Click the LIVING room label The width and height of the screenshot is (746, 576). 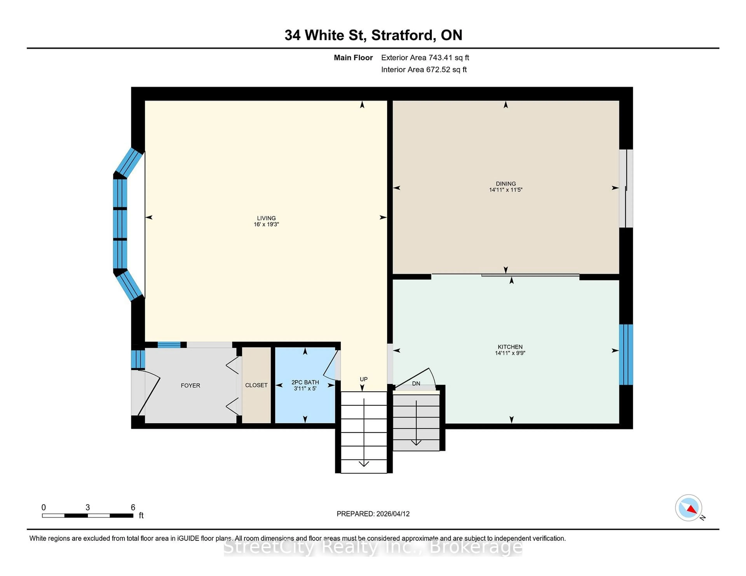coord(266,218)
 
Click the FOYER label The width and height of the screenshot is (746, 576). coord(190,386)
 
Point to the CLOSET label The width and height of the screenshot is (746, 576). coord(256,385)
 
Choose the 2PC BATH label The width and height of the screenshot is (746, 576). coord(305,383)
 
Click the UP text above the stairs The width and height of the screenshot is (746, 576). coord(363,379)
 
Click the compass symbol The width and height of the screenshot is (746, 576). coord(688,508)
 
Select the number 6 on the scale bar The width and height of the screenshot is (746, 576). coord(133,507)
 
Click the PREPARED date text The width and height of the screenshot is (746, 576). coord(373,514)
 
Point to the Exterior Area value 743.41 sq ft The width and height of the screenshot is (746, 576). coord(449,58)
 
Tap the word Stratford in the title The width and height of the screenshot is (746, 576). coord(402,35)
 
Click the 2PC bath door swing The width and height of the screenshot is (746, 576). coord(331,365)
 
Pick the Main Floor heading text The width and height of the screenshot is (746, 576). coord(353,58)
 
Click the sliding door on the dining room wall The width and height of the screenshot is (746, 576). coord(626,189)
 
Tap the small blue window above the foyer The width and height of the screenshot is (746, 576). coord(169,345)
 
